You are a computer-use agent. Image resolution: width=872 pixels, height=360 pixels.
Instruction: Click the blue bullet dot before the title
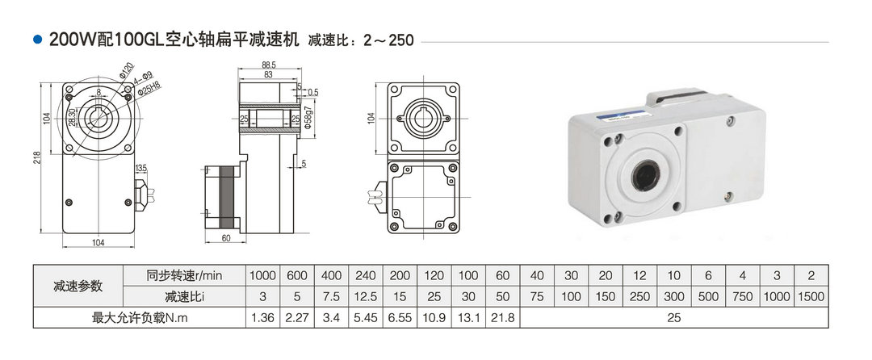38,40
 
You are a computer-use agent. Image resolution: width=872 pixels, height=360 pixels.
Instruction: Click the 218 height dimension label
36,157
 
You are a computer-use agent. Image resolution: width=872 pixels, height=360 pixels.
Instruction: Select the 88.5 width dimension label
269,65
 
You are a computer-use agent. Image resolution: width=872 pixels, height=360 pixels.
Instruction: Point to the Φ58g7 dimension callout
308,119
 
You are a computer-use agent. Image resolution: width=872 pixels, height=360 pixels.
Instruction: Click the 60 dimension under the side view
226,238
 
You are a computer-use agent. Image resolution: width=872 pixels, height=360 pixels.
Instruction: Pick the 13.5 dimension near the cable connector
140,169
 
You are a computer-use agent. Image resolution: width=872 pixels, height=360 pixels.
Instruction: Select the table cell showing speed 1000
262,275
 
